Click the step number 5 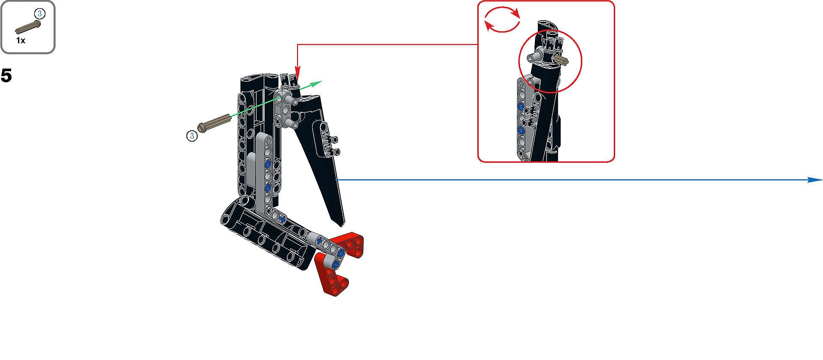click(x=6, y=75)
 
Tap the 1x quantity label click(x=21, y=41)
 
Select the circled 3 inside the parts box click(x=39, y=14)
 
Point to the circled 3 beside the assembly click(x=192, y=136)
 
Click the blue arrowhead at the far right click(x=814, y=180)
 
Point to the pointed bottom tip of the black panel click(x=342, y=225)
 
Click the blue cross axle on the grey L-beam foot click(x=282, y=219)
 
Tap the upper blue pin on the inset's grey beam click(x=521, y=106)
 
